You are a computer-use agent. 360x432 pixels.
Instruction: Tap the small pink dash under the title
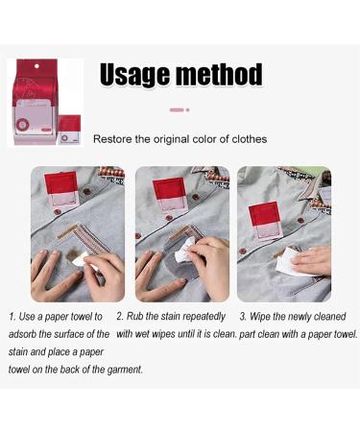point(176,109)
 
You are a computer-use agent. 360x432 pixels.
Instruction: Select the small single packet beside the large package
point(69,130)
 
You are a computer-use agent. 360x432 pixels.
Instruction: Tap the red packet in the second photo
point(169,192)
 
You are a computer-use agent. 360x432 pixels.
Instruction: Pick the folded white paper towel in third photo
point(290,259)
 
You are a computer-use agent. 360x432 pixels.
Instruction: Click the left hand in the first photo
point(46,274)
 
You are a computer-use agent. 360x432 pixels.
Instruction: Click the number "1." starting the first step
point(12,316)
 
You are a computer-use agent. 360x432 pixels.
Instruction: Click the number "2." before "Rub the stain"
point(120,316)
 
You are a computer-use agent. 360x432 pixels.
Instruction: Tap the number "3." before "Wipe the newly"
point(244,316)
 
